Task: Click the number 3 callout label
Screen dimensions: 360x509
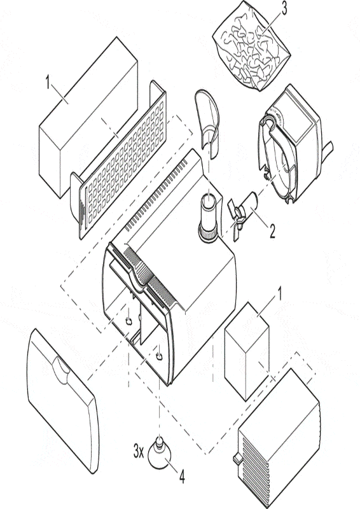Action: (x=284, y=9)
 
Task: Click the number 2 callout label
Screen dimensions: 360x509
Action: (x=272, y=231)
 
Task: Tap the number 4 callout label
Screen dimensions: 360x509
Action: (x=182, y=477)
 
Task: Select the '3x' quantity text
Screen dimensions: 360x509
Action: (x=139, y=451)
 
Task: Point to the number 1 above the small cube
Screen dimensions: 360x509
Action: (x=278, y=293)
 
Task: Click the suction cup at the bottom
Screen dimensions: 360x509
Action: (x=159, y=452)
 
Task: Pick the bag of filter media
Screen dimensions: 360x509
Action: (x=251, y=46)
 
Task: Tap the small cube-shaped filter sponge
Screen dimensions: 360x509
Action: (x=247, y=351)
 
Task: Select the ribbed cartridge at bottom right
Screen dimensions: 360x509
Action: (x=279, y=438)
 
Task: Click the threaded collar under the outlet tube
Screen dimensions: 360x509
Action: (x=208, y=233)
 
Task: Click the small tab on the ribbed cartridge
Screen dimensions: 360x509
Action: (x=237, y=457)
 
